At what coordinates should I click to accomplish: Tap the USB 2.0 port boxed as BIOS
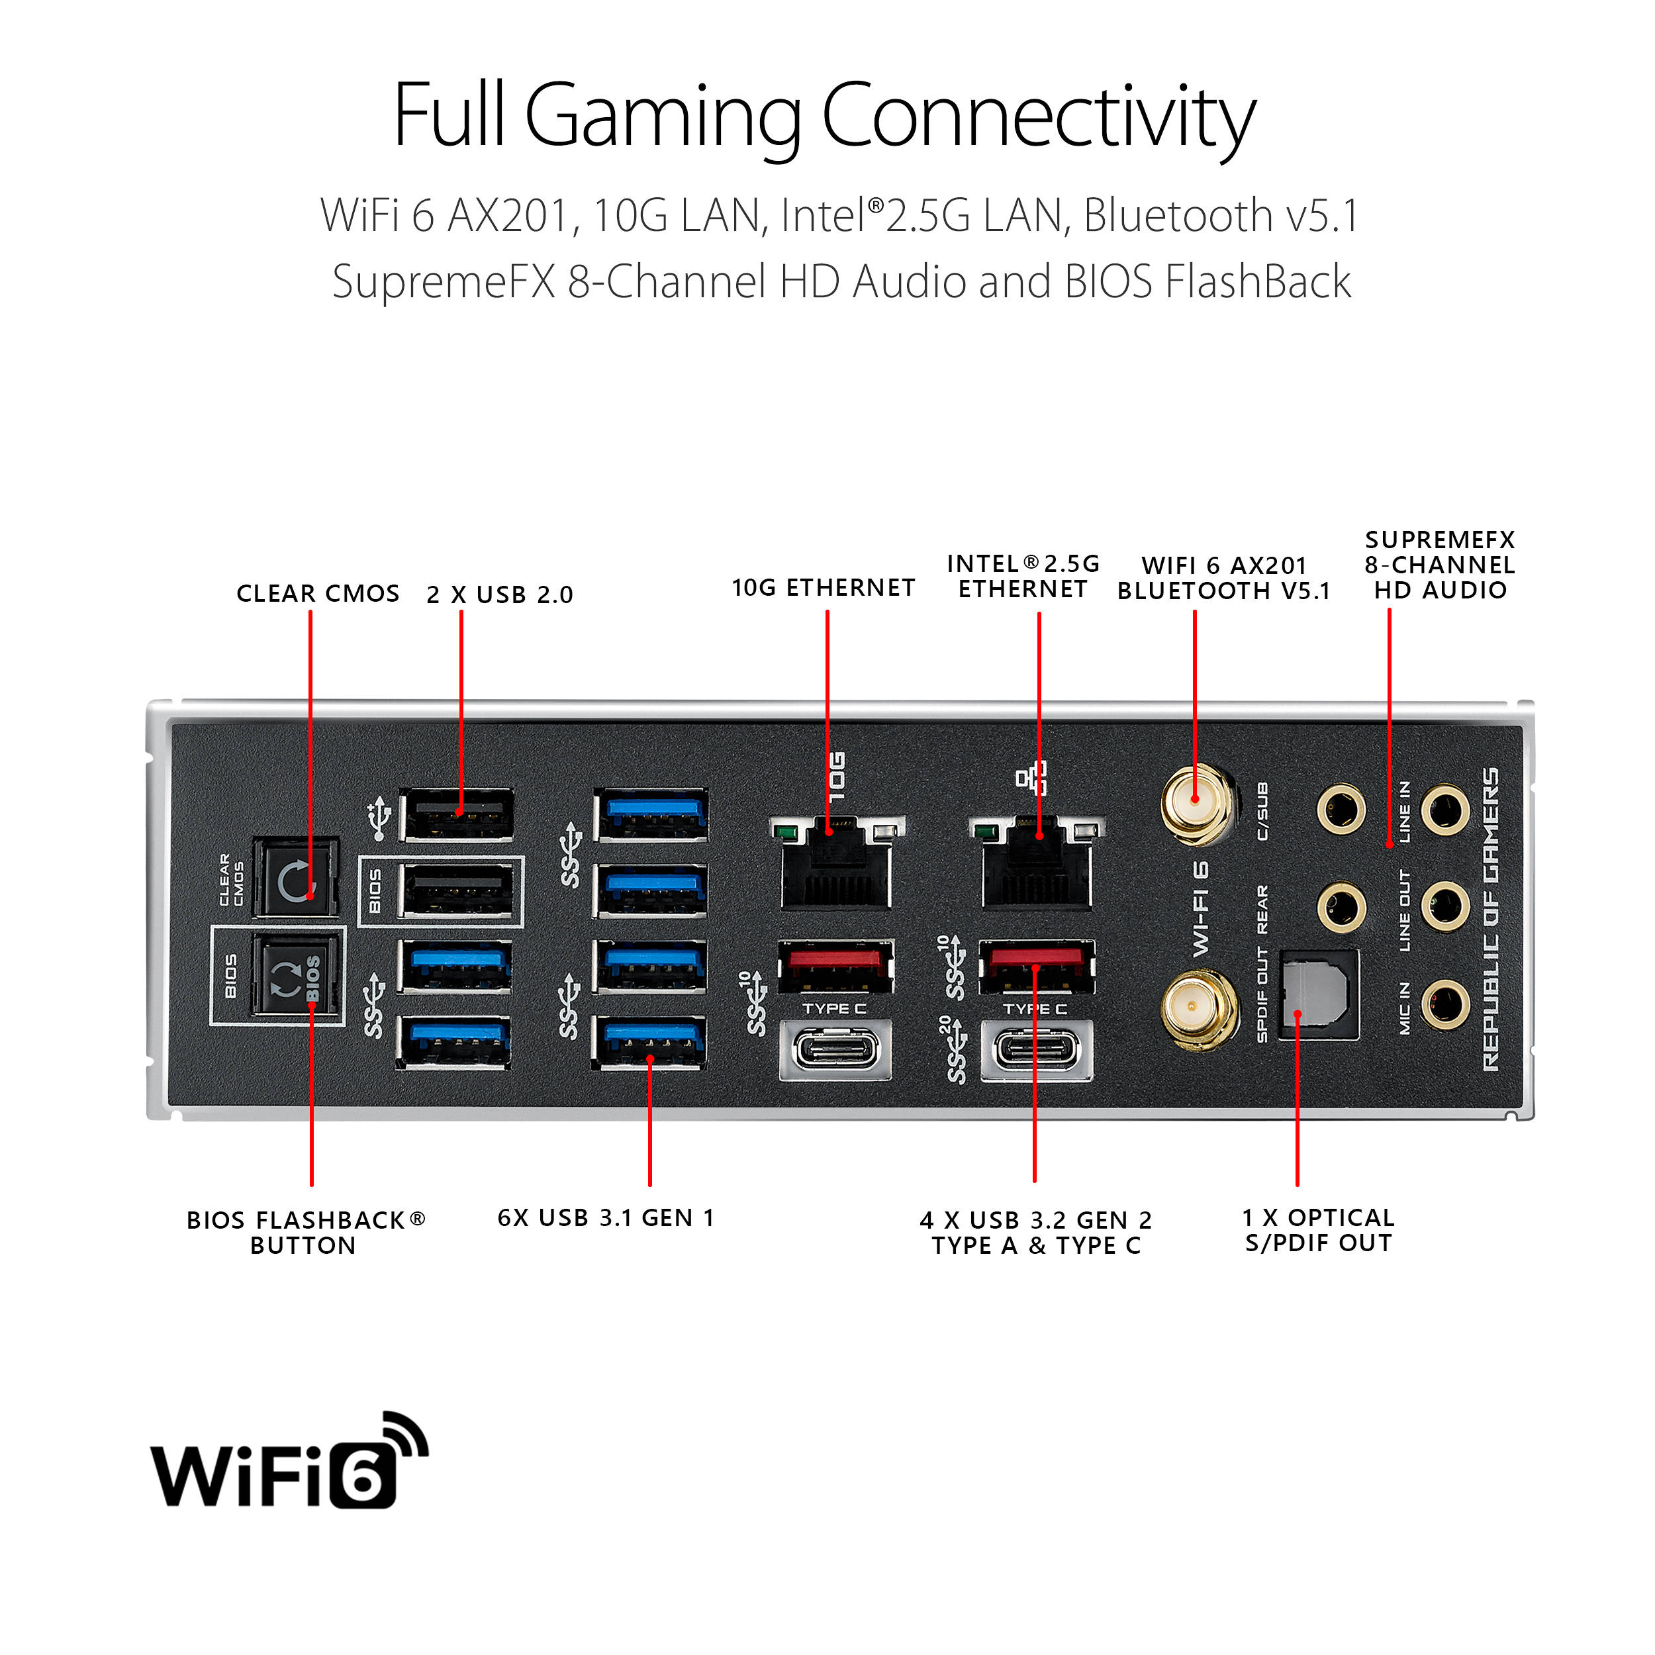[458, 891]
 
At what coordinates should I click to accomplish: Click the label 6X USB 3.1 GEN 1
[606, 1217]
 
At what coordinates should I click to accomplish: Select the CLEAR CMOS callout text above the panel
[318, 594]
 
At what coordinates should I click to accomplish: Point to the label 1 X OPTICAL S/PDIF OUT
[1318, 1230]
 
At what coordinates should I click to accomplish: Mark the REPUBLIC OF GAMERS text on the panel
[1491, 919]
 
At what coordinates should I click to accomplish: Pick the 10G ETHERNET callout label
[824, 588]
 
